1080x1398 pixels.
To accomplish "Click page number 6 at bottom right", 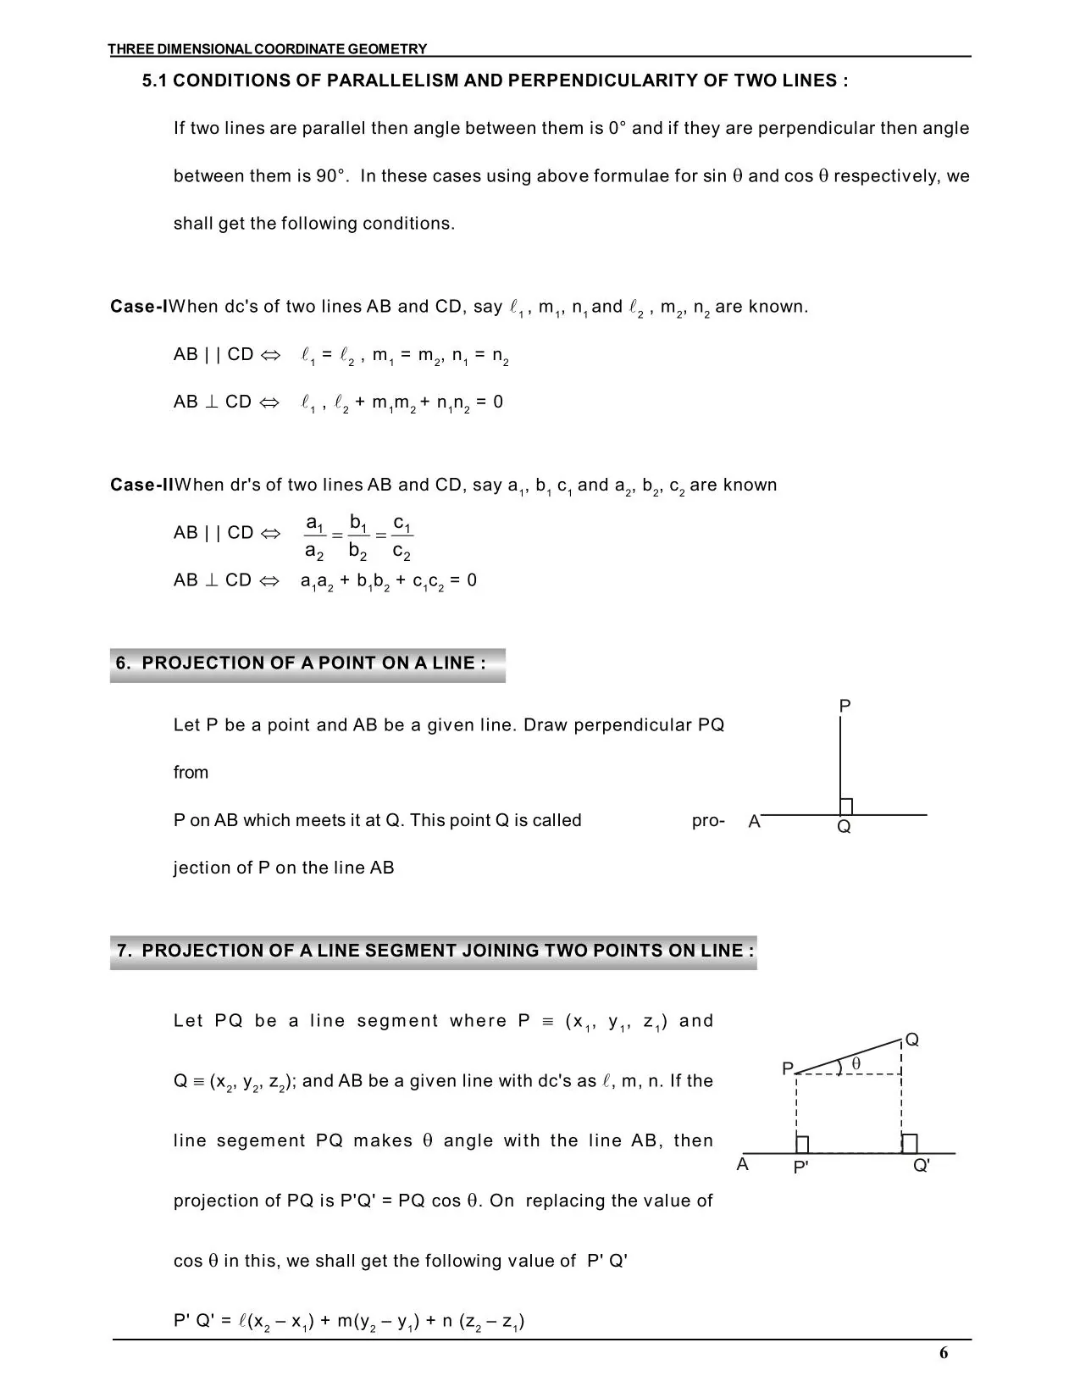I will [944, 1352].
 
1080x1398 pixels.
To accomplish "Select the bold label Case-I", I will [139, 307].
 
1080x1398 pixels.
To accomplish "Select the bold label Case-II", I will [141, 485].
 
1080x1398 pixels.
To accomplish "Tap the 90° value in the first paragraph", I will [331, 176].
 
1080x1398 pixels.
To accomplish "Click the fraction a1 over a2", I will [314, 537].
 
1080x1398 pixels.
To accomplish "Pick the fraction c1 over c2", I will [402, 537].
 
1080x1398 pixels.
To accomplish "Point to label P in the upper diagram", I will [845, 706].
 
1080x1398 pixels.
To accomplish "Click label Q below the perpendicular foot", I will [844, 827].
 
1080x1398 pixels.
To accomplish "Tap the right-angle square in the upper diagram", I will [845, 807].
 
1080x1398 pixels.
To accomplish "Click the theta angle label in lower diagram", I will [856, 1062].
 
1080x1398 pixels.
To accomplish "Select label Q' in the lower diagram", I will [922, 1166].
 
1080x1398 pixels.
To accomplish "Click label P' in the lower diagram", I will [800, 1168].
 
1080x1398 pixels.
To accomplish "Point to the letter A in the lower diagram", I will [743, 1164].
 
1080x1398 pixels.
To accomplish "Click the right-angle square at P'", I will [802, 1145].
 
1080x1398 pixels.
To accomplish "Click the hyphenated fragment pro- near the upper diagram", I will [708, 820].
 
